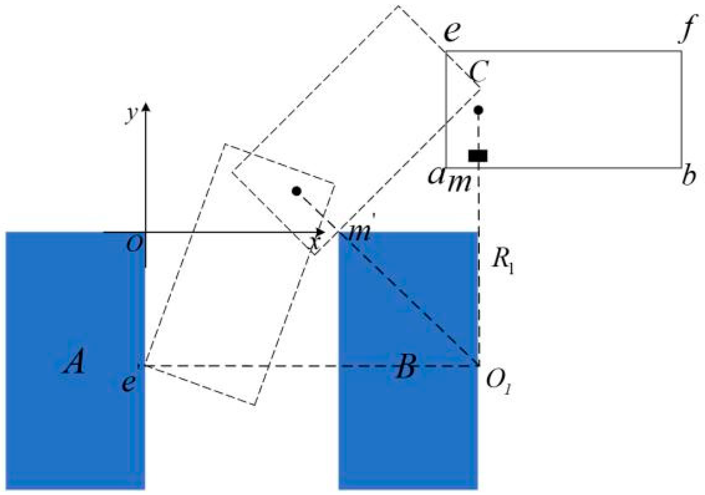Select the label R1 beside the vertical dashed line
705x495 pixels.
(x=503, y=261)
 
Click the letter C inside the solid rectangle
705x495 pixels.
(x=478, y=72)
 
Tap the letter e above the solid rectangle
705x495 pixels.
(x=452, y=32)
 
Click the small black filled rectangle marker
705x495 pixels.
(x=478, y=155)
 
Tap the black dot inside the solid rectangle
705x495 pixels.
(x=479, y=110)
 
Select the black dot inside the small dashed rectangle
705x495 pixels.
(x=297, y=191)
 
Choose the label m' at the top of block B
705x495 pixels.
(x=360, y=231)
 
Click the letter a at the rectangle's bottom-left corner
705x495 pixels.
(x=436, y=175)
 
